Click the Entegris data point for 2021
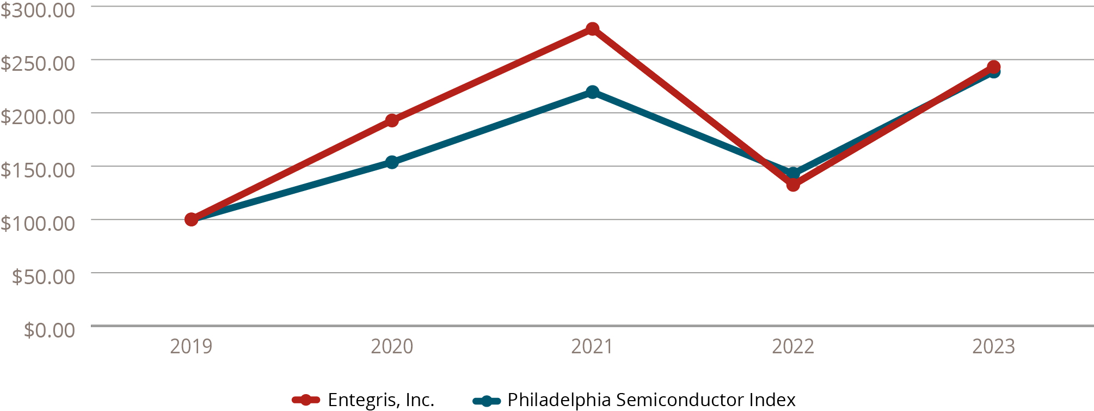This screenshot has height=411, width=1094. click(x=593, y=29)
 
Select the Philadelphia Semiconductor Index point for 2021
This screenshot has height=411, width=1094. click(x=593, y=91)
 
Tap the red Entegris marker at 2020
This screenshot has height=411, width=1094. click(x=392, y=120)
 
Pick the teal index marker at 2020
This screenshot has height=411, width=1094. click(x=392, y=162)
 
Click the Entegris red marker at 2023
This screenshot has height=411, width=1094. click(x=993, y=67)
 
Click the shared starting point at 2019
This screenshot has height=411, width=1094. click(x=191, y=219)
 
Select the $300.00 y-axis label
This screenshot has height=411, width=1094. click(x=38, y=10)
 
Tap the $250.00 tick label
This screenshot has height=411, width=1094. click(x=38, y=63)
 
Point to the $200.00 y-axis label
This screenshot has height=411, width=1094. click(x=38, y=116)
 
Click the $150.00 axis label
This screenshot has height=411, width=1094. click(x=38, y=170)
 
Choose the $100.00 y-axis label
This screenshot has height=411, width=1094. click(x=38, y=223)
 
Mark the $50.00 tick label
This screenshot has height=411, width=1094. click(x=44, y=277)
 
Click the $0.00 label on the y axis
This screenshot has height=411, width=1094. click(x=50, y=330)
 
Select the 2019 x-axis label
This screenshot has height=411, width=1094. click(x=191, y=347)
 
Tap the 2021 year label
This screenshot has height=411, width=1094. click(x=592, y=347)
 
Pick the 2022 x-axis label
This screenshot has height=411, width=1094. click(x=793, y=347)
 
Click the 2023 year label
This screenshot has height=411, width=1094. click(x=993, y=347)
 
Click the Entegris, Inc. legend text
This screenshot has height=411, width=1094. click(x=381, y=400)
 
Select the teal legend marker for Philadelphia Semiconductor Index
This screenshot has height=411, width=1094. click(x=487, y=401)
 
